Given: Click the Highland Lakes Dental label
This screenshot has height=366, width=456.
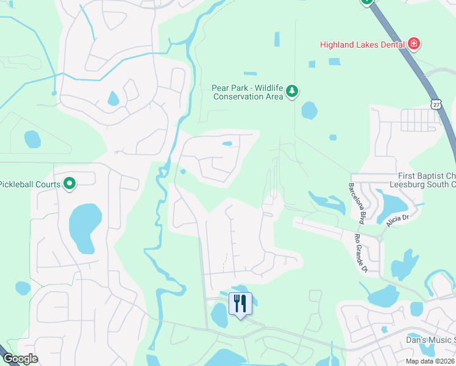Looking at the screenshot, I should [363, 44].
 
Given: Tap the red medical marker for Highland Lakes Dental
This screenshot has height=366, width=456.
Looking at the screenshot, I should [415, 44].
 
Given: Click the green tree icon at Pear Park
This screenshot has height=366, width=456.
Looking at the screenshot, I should [293, 91].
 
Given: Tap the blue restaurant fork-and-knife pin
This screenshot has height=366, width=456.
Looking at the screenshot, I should [240, 303].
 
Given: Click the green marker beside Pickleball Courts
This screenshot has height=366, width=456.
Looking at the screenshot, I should [69, 183].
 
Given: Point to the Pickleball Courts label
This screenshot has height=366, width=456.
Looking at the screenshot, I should [30, 184].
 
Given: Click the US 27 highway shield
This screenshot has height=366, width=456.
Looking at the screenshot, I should [435, 104].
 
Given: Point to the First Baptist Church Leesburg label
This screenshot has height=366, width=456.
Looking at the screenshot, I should [421, 180].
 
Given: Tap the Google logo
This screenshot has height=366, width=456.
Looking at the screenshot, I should [20, 359].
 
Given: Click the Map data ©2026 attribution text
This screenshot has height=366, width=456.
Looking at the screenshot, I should [430, 361].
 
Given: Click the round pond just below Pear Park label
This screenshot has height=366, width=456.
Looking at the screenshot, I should [309, 110].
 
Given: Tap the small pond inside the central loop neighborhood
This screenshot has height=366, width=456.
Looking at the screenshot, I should [227, 144].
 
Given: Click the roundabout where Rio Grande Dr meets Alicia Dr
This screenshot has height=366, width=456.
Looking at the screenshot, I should [379, 238].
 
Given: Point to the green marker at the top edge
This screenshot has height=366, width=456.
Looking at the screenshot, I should [366, 2].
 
